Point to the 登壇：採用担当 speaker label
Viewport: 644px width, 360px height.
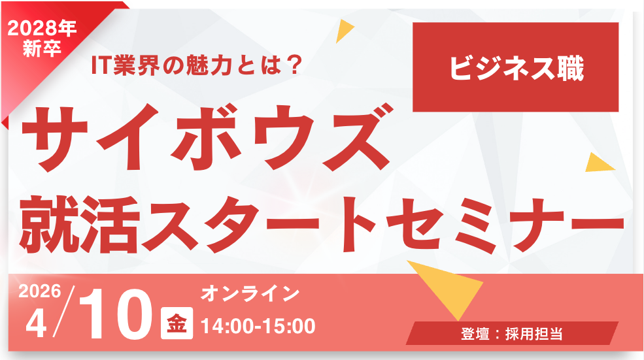[x=511, y=333]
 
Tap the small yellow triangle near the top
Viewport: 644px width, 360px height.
[x=344, y=29]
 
